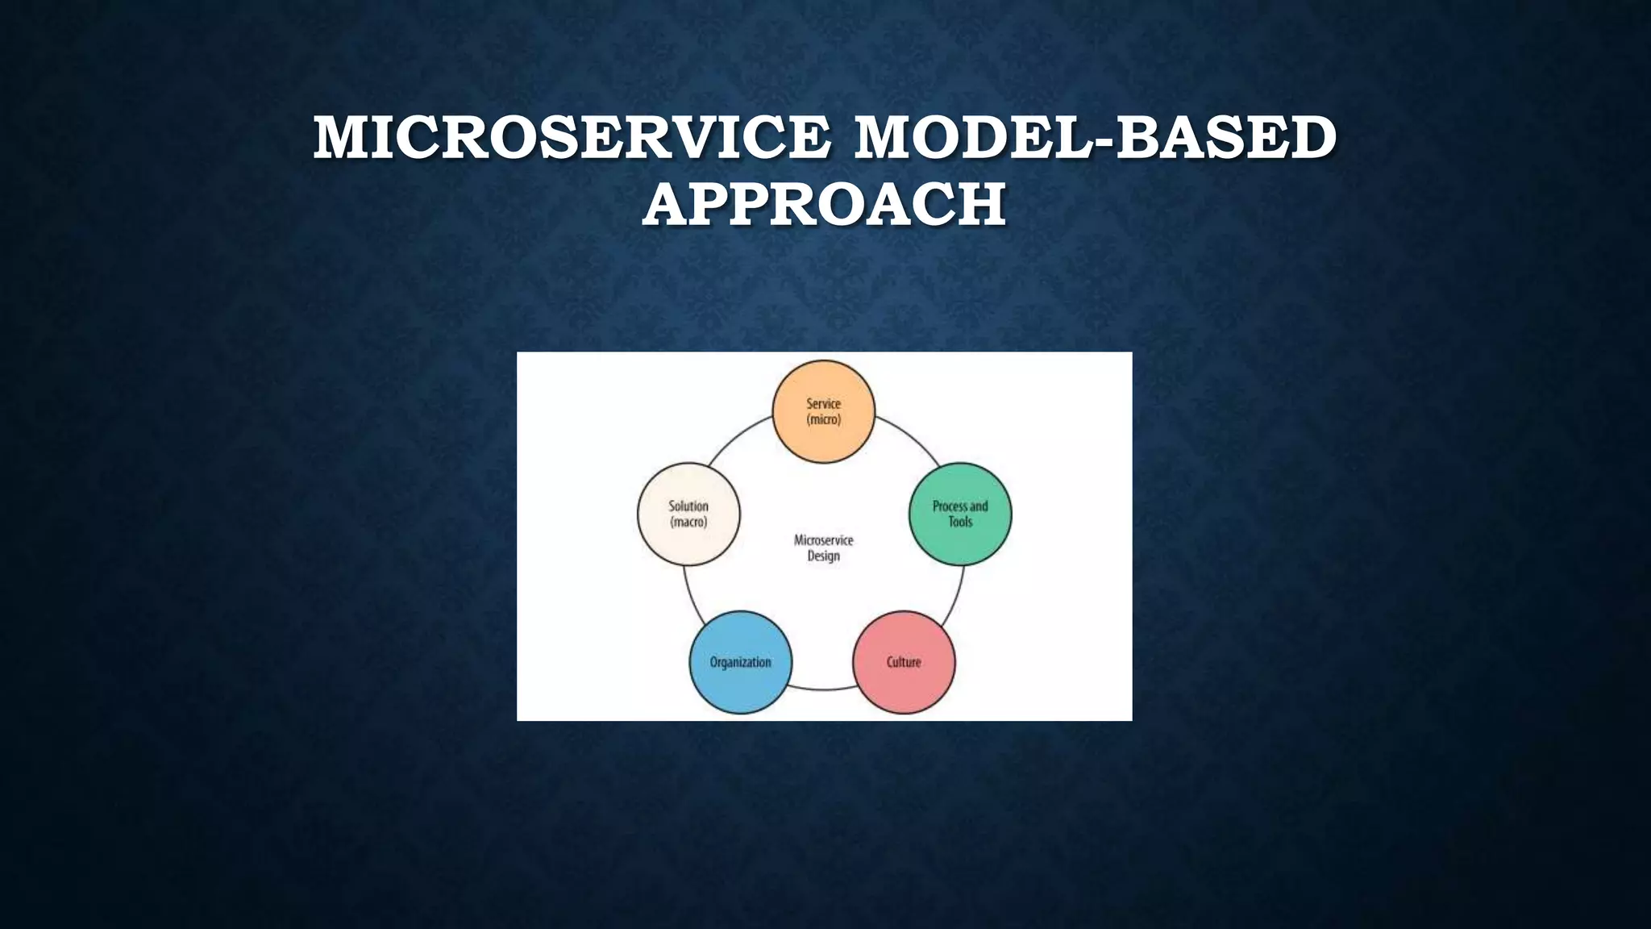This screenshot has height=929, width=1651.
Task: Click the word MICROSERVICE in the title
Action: coord(572,137)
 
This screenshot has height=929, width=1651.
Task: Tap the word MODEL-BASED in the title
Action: coord(1095,137)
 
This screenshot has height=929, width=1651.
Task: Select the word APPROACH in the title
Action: coord(824,204)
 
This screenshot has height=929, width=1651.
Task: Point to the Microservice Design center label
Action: coord(823,548)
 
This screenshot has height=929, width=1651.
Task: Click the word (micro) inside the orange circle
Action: coord(823,419)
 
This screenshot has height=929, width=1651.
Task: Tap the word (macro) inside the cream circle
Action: coord(688,522)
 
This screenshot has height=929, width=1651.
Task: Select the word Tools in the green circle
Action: coord(960,522)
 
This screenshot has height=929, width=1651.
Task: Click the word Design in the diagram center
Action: coord(823,556)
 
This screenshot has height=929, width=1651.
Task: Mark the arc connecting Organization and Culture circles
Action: coord(823,689)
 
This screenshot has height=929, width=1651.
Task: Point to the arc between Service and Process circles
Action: coord(909,436)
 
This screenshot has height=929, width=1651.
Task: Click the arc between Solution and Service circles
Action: coord(738,436)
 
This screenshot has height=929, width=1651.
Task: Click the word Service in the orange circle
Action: coord(823,403)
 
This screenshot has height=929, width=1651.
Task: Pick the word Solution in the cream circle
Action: coord(688,506)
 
